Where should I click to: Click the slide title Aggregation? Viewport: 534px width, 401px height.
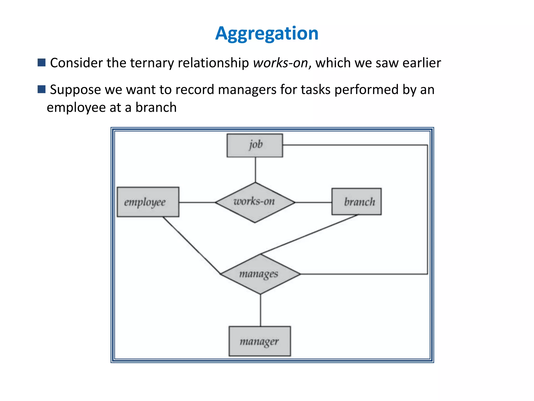(267, 33)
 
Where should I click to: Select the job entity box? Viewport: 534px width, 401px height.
(255, 145)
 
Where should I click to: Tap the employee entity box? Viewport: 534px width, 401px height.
(148, 202)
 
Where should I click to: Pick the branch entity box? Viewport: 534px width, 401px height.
(356, 202)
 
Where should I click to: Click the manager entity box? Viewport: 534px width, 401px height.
(260, 341)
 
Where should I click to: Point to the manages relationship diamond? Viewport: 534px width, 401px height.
(260, 274)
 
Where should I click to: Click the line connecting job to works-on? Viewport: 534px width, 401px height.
(255, 170)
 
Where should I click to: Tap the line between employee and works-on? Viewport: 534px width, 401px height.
(197, 202)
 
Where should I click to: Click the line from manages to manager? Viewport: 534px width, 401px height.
(260, 310)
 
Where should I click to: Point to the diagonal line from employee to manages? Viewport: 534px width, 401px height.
(192, 245)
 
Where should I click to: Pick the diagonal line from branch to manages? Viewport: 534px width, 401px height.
(310, 234)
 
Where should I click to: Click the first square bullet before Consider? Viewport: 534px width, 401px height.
(41, 63)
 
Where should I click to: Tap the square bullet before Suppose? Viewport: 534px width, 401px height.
(41, 89)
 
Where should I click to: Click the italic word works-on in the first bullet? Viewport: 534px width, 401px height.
(281, 63)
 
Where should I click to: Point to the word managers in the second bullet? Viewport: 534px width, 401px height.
(247, 90)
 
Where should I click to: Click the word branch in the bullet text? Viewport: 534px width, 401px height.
(156, 107)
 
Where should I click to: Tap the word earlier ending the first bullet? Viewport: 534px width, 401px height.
(422, 63)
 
